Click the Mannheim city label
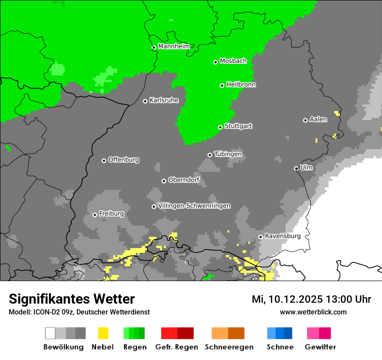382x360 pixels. [174, 46]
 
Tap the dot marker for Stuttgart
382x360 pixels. [220, 127]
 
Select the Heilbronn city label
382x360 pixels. [241, 85]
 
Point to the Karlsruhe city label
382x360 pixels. [164, 100]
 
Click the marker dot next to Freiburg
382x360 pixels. [95, 215]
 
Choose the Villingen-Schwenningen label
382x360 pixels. [194, 206]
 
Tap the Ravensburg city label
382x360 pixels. [283, 236]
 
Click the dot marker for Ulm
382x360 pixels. [296, 168]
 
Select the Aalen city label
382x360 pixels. [318, 119]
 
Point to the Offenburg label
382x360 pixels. [124, 160]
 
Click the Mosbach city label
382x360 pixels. [233, 61]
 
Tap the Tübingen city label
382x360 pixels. [228, 154]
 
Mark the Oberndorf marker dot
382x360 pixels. [164, 181]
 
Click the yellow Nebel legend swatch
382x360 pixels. [103, 333]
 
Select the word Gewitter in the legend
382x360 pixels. [320, 347]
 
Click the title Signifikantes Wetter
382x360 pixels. [72, 299]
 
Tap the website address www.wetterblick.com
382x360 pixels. [313, 312]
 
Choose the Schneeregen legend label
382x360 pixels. [229, 347]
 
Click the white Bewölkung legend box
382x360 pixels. [50, 333]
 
